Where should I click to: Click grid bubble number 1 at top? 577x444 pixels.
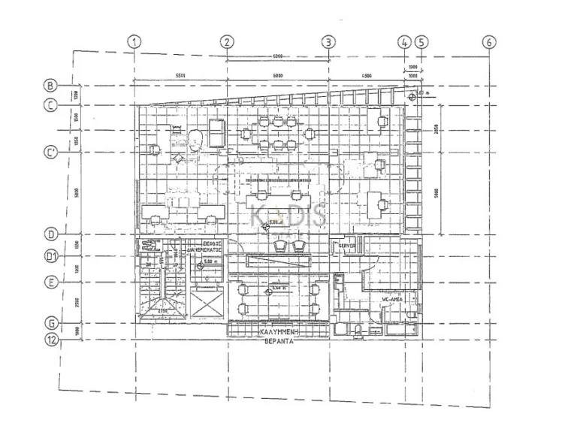[x=134, y=42]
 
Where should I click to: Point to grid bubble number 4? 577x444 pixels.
[x=405, y=42]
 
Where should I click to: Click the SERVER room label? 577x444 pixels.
[x=347, y=246]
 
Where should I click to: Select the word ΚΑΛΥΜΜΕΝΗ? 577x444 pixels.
[x=277, y=331]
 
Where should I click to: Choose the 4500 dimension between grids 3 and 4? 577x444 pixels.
[x=366, y=75]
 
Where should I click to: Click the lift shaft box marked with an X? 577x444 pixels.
[x=207, y=304]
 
